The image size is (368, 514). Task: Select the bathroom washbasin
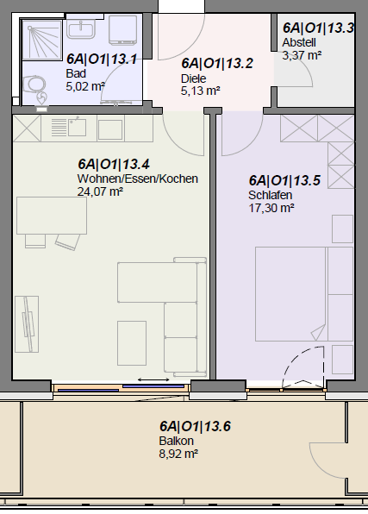(84, 31)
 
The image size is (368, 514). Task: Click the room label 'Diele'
(194, 78)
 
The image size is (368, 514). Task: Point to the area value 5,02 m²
(85, 85)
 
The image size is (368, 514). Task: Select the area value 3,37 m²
(302, 54)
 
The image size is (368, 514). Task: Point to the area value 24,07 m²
(100, 191)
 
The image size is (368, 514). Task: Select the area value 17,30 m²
(271, 208)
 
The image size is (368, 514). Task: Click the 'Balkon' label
(172, 441)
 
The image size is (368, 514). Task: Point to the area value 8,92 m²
(178, 453)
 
